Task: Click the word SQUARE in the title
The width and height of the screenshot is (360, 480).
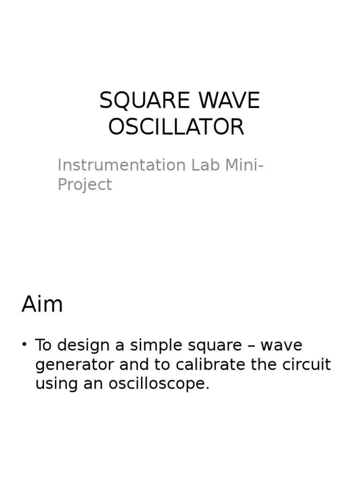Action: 140,101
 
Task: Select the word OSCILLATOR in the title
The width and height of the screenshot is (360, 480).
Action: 176,127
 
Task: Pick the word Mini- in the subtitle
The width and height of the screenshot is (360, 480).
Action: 244,165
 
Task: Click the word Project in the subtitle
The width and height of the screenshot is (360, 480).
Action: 84,185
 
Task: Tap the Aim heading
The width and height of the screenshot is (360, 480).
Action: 42,305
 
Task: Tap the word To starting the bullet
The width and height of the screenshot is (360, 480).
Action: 43,345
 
